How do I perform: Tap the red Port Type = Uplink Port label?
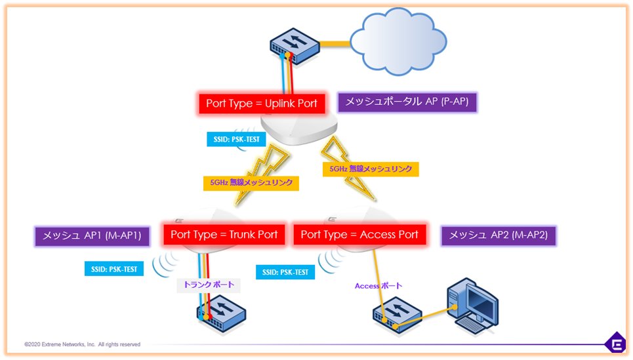(262, 104)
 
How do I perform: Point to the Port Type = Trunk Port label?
(224, 235)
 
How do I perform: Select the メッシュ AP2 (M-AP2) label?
(499, 235)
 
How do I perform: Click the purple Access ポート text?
(378, 286)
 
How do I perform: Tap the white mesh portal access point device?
(298, 127)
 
